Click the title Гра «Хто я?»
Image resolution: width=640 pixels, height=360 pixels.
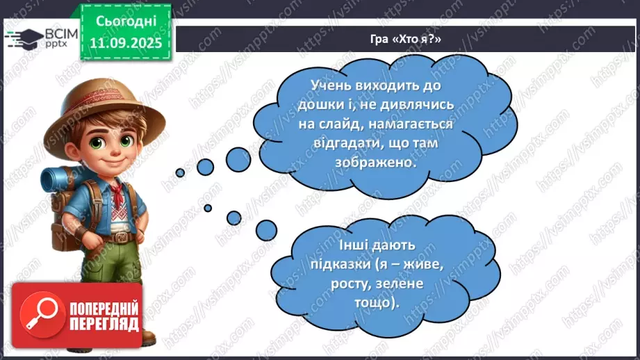[x=407, y=39]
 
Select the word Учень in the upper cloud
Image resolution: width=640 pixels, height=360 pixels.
[x=312, y=85]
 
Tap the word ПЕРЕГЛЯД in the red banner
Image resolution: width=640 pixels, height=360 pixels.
[x=105, y=323]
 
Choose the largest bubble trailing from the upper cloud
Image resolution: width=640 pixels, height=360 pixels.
[x=238, y=159]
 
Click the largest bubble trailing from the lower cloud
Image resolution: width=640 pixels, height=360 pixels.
[x=266, y=229]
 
